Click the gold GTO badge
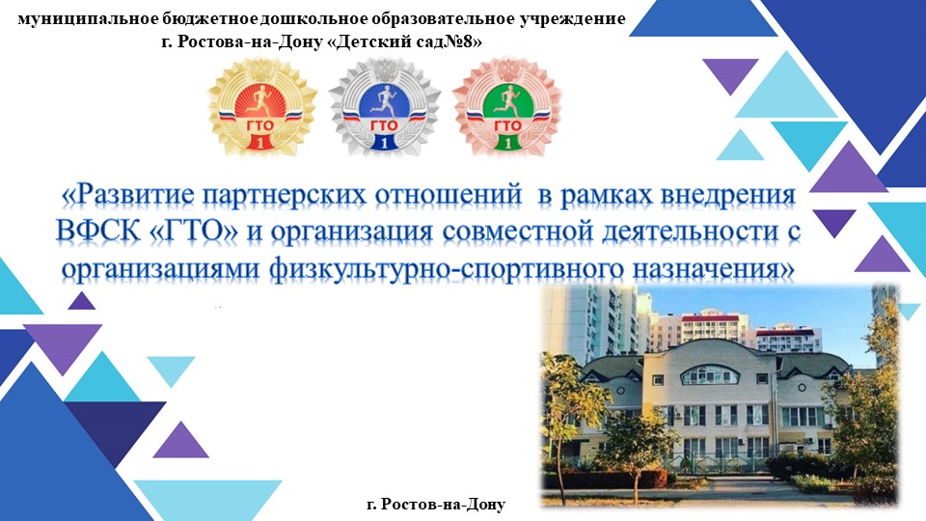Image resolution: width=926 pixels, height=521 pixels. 262,106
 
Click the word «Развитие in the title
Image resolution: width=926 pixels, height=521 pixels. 125,196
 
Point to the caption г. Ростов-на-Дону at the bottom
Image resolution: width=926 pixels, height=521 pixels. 436,504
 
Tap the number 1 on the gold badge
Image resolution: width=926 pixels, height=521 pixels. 262,143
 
